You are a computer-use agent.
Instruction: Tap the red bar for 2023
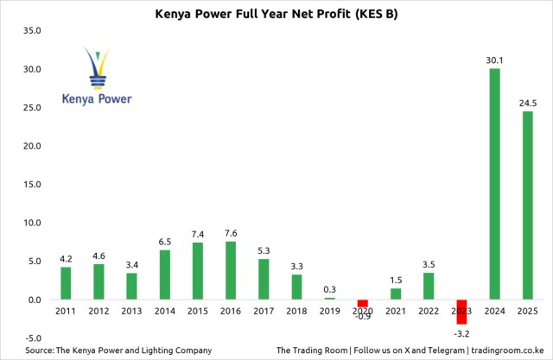click(x=461, y=312)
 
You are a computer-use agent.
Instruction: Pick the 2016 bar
click(x=230, y=270)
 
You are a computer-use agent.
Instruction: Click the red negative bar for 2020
click(x=362, y=303)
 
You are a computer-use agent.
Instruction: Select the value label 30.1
click(x=494, y=60)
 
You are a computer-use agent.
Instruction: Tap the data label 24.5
click(x=527, y=104)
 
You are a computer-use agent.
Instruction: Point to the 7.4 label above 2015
click(x=197, y=235)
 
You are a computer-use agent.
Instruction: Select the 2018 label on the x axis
click(x=296, y=311)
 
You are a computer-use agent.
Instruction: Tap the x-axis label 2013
click(x=131, y=311)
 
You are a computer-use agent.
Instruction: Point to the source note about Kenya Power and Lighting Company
click(x=118, y=351)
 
